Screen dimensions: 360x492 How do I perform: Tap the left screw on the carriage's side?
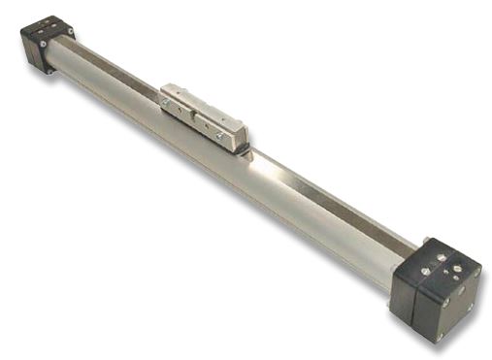click(167, 99)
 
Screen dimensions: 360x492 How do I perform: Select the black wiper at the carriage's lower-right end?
click(243, 147)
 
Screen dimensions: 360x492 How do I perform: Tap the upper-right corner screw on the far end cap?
click(70, 33)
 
